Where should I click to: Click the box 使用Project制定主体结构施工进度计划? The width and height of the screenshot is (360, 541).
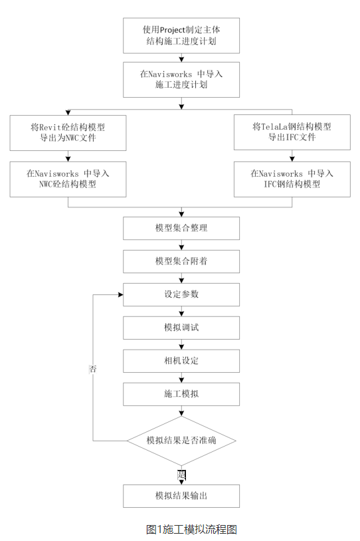pos(181,35)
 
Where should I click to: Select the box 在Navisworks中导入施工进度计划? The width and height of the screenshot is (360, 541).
pos(181,79)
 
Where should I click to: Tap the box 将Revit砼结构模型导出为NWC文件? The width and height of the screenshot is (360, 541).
pos(68,132)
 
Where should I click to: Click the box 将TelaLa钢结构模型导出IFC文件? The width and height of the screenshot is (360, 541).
pos(292,132)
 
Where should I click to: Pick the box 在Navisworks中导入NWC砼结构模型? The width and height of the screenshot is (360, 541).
pos(68,179)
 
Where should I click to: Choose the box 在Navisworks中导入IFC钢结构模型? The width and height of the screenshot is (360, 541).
pos(292,179)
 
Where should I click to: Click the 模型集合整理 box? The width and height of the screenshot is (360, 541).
pos(181,228)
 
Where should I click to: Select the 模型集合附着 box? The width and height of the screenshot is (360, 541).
pos(181,261)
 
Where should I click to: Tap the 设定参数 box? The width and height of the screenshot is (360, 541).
pos(181,294)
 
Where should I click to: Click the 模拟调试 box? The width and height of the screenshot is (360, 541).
pos(181,328)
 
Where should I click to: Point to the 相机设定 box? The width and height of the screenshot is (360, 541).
pos(181,361)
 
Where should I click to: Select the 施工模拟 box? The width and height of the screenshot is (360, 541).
pos(181,394)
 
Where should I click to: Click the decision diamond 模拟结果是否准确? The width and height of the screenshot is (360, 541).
pos(181,441)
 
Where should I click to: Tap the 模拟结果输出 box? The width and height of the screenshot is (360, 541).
pos(181,496)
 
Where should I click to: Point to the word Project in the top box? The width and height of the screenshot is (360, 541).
pos(177,30)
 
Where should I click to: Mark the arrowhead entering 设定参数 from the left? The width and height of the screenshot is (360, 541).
pos(120,294)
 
